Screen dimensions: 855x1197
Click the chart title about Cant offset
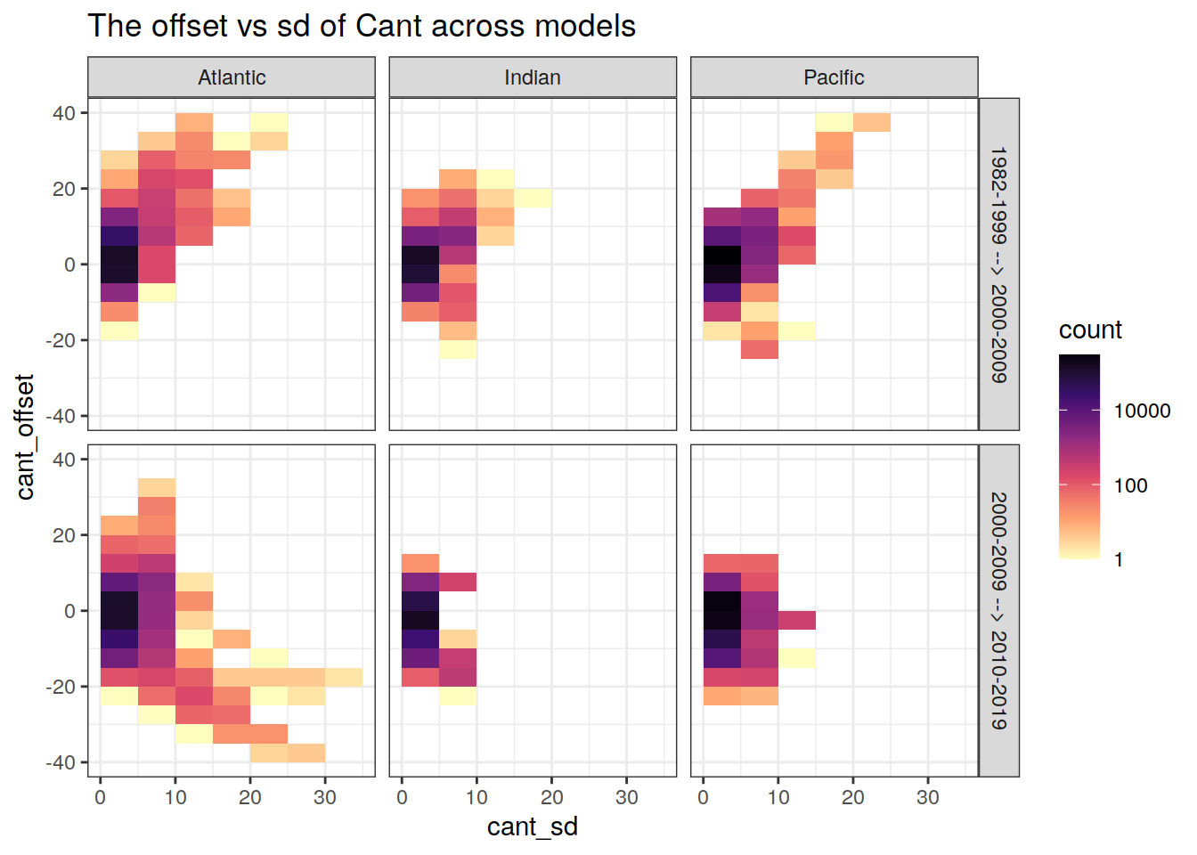pos(362,27)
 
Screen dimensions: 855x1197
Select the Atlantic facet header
pos(232,77)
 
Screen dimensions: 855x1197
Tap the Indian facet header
pos(533,77)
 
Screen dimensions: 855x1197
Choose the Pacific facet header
pos(834,77)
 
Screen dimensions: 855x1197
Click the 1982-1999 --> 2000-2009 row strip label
pos(999,265)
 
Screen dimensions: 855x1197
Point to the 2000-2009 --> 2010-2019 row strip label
pos(999,611)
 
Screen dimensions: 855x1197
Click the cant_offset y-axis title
pos(25,436)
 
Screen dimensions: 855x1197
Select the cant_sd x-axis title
pos(533,826)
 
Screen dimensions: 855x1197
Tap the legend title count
pos(1090,330)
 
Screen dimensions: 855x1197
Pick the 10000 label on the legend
pos(1142,411)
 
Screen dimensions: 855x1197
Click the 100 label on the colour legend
pos(1131,485)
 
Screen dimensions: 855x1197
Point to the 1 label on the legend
pos(1119,560)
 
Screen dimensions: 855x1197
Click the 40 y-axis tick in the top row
pos(64,113)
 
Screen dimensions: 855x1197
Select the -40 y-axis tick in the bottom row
pos(60,762)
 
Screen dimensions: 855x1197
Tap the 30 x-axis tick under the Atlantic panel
pos(325,797)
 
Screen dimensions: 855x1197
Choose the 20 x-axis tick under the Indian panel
pos(551,797)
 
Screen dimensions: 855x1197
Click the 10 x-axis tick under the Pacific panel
pos(778,797)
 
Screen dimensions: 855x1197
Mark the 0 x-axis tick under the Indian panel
pos(402,797)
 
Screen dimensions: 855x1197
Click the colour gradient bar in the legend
pos(1079,456)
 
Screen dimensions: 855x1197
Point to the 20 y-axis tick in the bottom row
pos(64,535)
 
